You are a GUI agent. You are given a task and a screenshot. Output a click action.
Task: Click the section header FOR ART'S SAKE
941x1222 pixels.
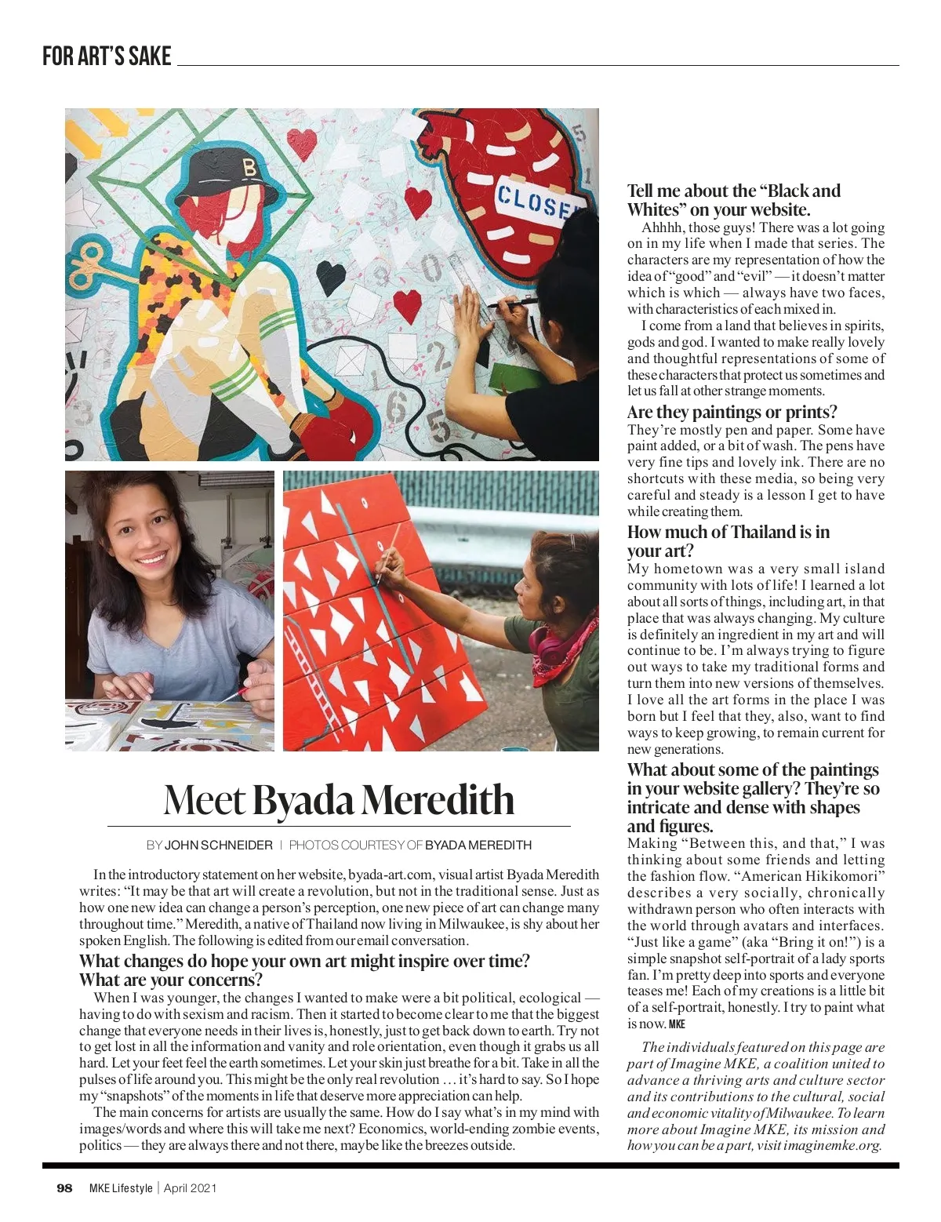[x=107, y=56]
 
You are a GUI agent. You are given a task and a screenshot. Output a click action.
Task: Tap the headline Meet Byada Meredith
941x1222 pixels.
[x=339, y=800]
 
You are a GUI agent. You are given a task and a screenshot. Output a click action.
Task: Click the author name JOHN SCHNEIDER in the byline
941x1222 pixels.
[x=219, y=846]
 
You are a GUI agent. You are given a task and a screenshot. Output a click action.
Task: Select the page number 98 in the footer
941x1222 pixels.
[x=64, y=1188]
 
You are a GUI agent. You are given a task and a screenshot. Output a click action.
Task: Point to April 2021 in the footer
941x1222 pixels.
[x=191, y=1188]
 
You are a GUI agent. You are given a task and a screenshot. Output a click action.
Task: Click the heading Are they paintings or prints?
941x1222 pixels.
[x=732, y=412]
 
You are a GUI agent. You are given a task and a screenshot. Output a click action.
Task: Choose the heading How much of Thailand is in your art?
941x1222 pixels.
[x=728, y=541]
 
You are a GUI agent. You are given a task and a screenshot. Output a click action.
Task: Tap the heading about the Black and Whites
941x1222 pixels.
[x=733, y=200]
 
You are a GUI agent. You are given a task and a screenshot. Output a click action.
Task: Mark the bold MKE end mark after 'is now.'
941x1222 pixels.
[x=677, y=1024]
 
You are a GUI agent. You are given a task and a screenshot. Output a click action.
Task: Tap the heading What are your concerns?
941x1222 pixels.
[x=171, y=980]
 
